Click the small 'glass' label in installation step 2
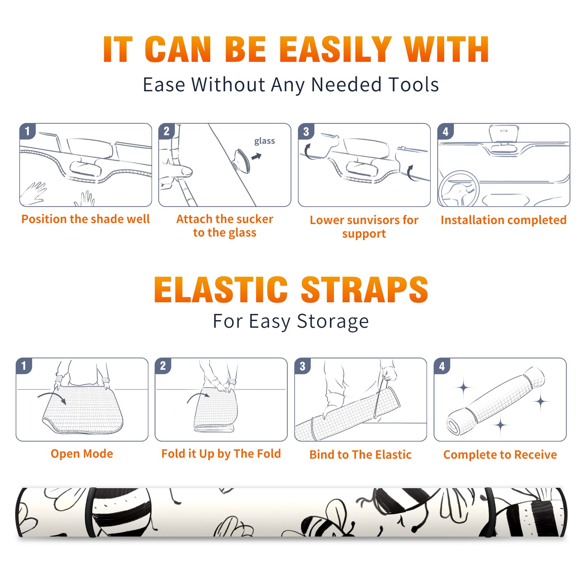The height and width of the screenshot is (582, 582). pyautogui.click(x=264, y=141)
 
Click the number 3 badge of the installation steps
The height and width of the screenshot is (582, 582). pyautogui.click(x=306, y=131)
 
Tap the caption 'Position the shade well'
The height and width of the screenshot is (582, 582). pyautogui.click(x=85, y=219)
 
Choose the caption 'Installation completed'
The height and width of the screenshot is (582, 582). pyautogui.click(x=503, y=220)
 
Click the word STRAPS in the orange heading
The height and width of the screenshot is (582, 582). pyautogui.click(x=364, y=290)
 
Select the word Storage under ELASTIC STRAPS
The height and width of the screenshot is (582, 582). pyautogui.click(x=333, y=322)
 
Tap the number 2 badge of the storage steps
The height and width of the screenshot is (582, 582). pyautogui.click(x=163, y=366)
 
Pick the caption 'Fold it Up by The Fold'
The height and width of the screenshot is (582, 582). pyautogui.click(x=221, y=454)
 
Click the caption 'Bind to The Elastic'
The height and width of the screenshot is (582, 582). pyautogui.click(x=360, y=454)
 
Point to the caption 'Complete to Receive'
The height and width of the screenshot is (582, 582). pyautogui.click(x=500, y=454)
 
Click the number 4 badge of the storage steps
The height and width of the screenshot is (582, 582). pyautogui.click(x=442, y=366)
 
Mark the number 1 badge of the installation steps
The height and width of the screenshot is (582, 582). pyautogui.click(x=27, y=131)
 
